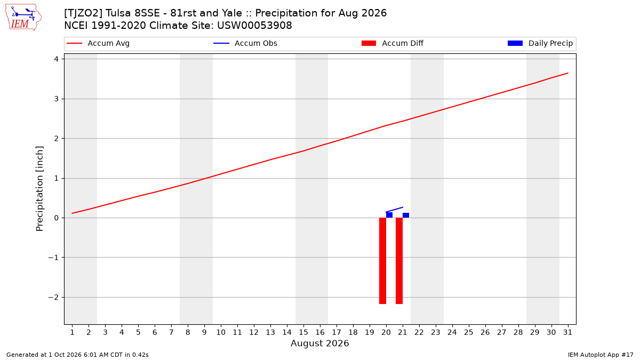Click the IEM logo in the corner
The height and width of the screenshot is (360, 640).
point(23,18)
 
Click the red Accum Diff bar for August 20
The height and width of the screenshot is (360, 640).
point(382,261)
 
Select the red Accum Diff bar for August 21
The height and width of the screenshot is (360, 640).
point(399,261)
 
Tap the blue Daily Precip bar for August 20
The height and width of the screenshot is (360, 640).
point(389,215)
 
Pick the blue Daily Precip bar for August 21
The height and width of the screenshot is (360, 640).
point(406,215)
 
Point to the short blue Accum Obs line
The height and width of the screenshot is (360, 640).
point(394,210)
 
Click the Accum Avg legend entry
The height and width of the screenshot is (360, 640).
point(98,43)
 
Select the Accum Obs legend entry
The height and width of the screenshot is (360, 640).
point(245,43)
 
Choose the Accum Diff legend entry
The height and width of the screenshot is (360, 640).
point(393,43)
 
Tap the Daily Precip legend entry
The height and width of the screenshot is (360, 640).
point(540,43)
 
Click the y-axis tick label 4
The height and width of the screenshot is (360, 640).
point(57,59)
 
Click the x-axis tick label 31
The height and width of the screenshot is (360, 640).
point(567,332)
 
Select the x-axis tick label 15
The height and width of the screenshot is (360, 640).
point(303,332)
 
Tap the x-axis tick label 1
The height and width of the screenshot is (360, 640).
point(72,332)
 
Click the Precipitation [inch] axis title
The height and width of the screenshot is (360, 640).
point(39,189)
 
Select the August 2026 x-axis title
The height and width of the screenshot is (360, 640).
point(319,343)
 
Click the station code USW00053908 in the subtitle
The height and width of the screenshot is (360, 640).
point(254,26)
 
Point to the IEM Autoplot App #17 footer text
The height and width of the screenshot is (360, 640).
point(601,355)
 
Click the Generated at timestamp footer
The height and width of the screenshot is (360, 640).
point(77,355)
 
